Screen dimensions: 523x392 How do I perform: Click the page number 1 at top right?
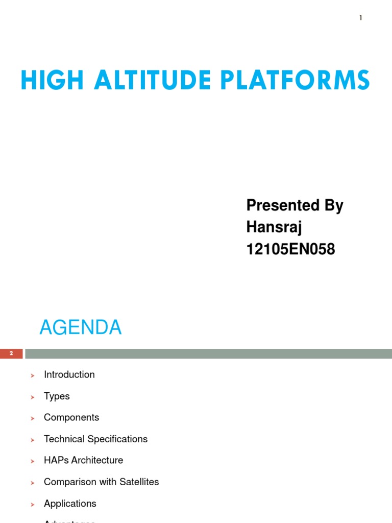click(360, 18)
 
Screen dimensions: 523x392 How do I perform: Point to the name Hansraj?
click(274, 227)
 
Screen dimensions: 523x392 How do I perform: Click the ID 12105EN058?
click(290, 249)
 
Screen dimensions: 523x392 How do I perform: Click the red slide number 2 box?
click(11, 353)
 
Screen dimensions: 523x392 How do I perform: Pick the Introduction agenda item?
click(69, 374)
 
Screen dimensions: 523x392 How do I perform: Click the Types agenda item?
click(57, 396)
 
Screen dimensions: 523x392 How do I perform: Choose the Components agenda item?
click(71, 417)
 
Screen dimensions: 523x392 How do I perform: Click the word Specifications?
click(117, 439)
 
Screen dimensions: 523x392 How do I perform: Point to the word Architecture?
click(97, 460)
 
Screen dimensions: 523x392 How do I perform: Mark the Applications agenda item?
click(70, 504)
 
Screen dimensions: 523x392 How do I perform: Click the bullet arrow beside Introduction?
click(32, 375)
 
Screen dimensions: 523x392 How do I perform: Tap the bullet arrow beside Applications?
click(32, 505)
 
